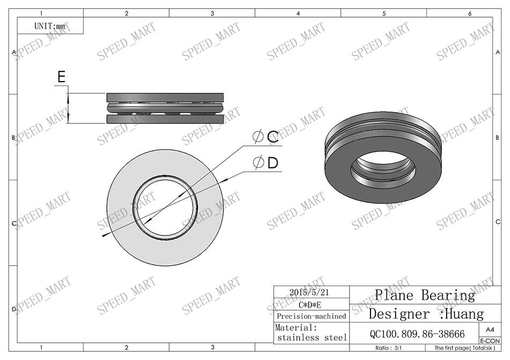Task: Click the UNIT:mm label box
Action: click(50, 25)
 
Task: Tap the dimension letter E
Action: click(62, 77)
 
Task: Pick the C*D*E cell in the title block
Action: click(311, 305)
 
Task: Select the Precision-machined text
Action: click(311, 316)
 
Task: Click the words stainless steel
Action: click(312, 338)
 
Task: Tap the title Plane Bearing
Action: click(425, 295)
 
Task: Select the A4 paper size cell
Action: click(490, 330)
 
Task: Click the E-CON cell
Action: click(490, 341)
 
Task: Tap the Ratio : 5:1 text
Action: click(390, 348)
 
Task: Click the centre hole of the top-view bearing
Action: click(165, 207)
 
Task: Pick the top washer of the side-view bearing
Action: click(165, 97)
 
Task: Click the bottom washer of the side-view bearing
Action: click(165, 119)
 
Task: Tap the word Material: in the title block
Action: click(296, 327)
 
